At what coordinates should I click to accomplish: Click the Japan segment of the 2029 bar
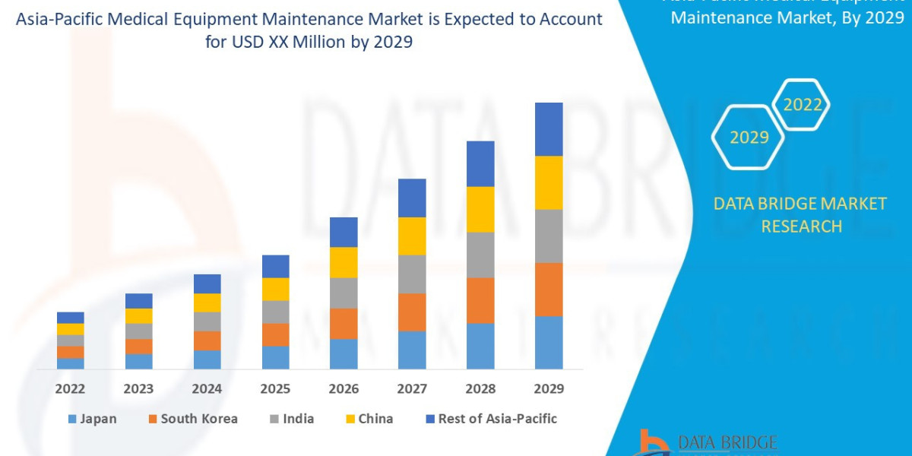pos(549,342)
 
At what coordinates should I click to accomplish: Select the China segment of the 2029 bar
pos(549,182)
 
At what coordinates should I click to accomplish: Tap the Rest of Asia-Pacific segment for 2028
pos(480,163)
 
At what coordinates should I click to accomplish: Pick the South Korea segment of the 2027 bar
pos(412,312)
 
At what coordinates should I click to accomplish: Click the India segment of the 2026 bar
pos(344,293)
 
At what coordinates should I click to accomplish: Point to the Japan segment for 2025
pos(275,357)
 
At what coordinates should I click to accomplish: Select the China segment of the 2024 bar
pos(207,302)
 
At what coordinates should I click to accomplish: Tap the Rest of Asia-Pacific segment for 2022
pos(70,318)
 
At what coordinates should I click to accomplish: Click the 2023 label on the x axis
pos(138,389)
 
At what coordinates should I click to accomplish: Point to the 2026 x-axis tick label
pos(344,389)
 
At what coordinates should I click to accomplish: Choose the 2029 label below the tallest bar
pos(549,389)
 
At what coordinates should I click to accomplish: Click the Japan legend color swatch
pos(72,419)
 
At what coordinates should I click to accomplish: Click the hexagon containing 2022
pos(802,105)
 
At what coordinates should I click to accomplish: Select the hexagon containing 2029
pos(749,138)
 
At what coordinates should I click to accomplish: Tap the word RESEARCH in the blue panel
pos(801,226)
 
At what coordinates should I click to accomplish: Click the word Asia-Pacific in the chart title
pos(69,19)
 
